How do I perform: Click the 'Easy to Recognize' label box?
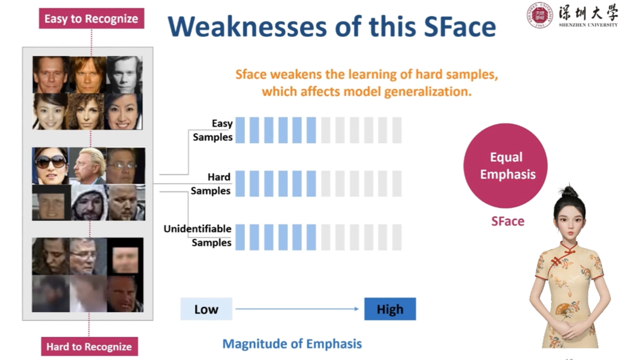coord(91,19)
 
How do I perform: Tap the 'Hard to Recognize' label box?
coord(89,346)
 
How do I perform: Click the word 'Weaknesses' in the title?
coord(247,27)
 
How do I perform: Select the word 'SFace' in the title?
coord(460,27)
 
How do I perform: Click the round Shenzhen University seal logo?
coord(539,15)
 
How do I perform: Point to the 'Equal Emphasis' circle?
coord(505,166)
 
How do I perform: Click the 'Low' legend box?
coord(206,309)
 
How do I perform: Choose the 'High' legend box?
coord(390,309)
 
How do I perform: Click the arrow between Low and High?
coord(297,309)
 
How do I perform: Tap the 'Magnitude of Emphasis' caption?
coord(292,344)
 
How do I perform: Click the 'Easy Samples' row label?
coord(213,130)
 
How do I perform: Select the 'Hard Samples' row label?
coord(211,184)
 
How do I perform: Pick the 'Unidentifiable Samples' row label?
coord(198,236)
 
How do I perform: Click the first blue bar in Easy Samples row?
coord(240,130)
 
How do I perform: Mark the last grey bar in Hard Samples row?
coord(397,184)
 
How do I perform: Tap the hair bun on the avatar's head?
coord(569,192)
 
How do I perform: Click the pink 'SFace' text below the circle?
coord(508,221)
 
